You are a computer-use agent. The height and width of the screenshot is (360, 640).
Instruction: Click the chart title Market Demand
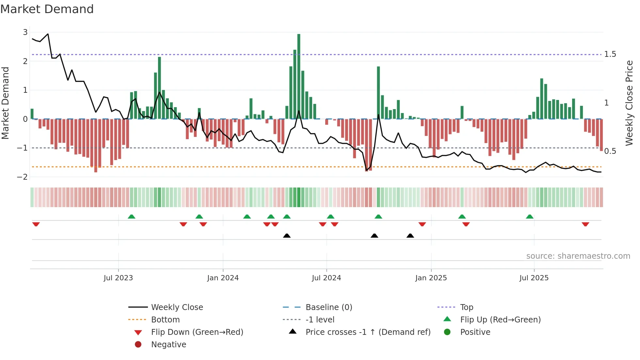pos(47,9)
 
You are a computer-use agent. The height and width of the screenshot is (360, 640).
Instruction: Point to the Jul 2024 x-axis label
pos(326,278)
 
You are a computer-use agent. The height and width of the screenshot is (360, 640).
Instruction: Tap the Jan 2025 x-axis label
pos(431,278)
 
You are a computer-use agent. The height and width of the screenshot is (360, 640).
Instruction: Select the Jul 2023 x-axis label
pos(118,278)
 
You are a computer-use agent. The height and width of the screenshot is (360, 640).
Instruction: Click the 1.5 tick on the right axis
pos(610,54)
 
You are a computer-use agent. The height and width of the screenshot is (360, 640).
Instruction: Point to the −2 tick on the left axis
pos(23,177)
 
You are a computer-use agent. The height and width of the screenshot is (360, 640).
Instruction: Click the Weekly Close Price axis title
pos(629,103)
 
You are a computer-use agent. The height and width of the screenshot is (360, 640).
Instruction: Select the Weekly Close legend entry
pos(177,307)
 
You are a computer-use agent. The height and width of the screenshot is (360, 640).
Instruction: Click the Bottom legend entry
pos(165,320)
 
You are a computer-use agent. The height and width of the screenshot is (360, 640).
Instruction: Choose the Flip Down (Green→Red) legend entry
pos(197,332)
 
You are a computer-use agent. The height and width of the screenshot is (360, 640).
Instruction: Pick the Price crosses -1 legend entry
pos(368,332)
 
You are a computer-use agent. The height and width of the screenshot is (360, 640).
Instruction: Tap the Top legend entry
pos(466,307)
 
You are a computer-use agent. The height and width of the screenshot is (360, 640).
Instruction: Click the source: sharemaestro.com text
pos(578,256)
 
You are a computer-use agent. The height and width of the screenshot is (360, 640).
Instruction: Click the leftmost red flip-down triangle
pos(36,224)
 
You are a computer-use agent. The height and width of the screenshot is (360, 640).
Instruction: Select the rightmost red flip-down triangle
pos(585,224)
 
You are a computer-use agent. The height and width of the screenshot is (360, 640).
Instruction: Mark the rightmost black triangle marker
pos(410,236)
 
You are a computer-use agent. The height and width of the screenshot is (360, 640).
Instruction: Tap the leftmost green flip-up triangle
pos(131,217)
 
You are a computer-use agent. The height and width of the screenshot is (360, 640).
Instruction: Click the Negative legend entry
pos(168,345)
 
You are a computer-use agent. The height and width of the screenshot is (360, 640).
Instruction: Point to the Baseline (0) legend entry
pos(328,307)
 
